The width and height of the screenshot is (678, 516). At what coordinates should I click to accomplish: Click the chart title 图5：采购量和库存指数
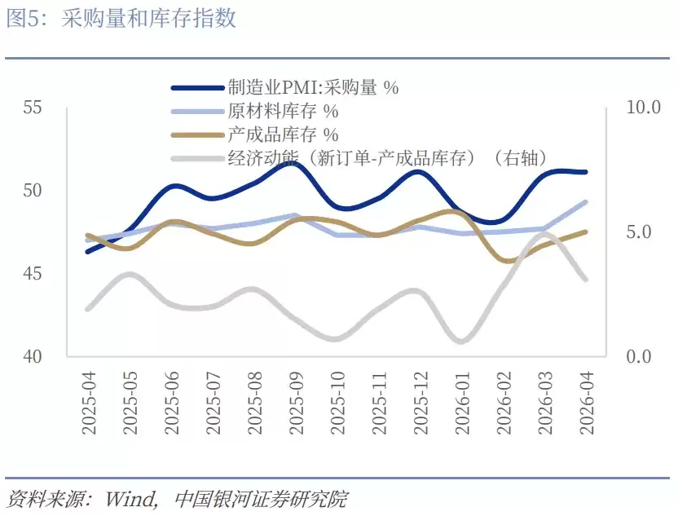(x=121, y=18)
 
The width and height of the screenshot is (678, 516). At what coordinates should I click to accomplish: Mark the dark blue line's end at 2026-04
(x=587, y=172)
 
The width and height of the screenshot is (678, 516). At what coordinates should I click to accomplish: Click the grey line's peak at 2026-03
(x=545, y=235)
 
